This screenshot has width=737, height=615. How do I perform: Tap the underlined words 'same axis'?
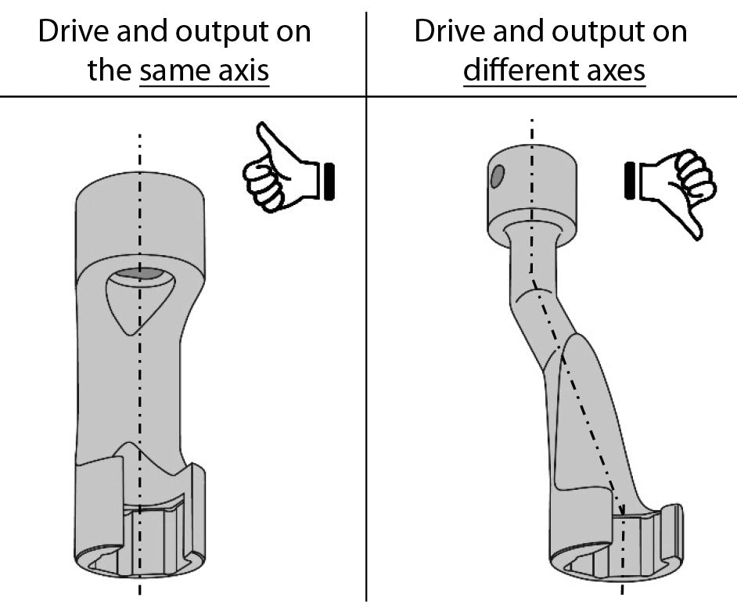pyautogui.click(x=203, y=71)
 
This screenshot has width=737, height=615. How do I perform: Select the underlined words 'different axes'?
pyautogui.click(x=554, y=71)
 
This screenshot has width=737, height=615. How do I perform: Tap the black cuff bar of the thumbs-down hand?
pyautogui.click(x=628, y=180)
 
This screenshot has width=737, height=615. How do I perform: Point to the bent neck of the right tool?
pyautogui.click(x=532, y=313)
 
